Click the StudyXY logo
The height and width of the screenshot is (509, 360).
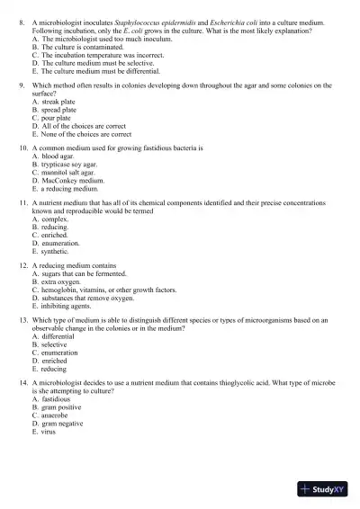coord(326,489)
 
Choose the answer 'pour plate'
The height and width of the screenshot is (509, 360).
coord(64,118)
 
